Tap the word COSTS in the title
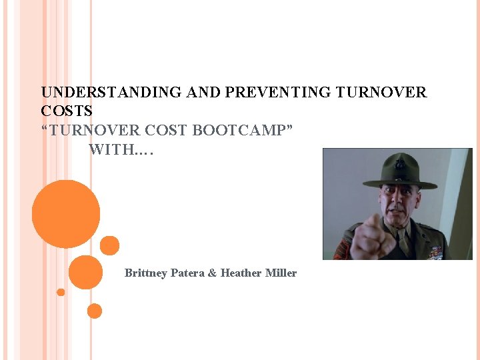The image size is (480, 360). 67,111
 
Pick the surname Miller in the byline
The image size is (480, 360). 281,273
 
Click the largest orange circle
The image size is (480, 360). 66,214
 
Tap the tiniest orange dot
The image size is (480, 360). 61,292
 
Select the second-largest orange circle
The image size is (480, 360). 85,272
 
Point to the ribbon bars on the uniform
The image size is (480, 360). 435,252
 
